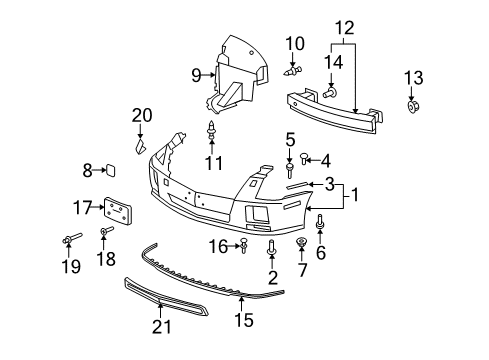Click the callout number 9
click(197, 73)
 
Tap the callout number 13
click(413, 77)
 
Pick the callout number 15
click(244, 321)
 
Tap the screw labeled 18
click(104, 235)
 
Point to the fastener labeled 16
click(243, 244)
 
